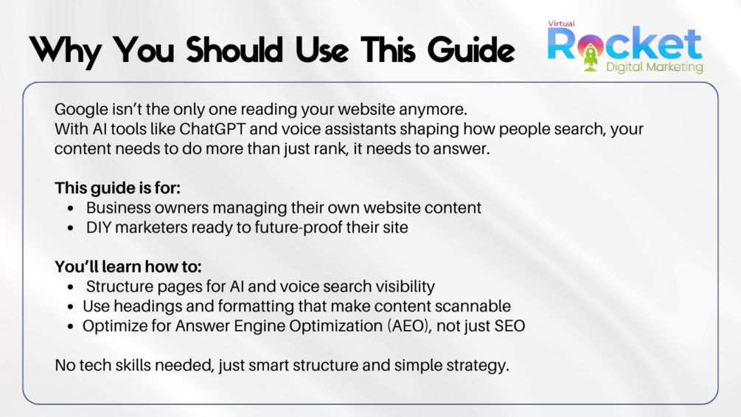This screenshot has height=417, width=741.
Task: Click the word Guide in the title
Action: pyautogui.click(x=471, y=50)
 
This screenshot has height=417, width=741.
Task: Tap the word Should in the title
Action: pyautogui.click(x=234, y=49)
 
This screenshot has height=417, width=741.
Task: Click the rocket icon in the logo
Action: pyautogui.click(x=591, y=56)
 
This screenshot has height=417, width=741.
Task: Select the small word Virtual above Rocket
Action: pyautogui.click(x=561, y=24)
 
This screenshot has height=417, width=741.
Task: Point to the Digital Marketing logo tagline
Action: pyautogui.click(x=655, y=67)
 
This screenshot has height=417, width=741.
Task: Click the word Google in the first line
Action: pyautogui.click(x=81, y=110)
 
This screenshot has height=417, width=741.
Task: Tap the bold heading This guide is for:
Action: pyautogui.click(x=118, y=188)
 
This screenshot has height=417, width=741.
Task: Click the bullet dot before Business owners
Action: pyautogui.click(x=71, y=208)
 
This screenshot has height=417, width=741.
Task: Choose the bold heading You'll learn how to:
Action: pyautogui.click(x=128, y=266)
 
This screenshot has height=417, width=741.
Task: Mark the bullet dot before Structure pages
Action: pyautogui.click(x=71, y=286)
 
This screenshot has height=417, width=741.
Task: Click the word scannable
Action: pyautogui.click(x=473, y=306)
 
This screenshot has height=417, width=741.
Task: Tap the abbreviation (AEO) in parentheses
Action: pyautogui.click(x=409, y=326)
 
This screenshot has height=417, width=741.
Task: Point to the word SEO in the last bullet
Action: pyautogui.click(x=510, y=326)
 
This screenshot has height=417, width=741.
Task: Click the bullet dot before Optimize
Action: pyautogui.click(x=71, y=326)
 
